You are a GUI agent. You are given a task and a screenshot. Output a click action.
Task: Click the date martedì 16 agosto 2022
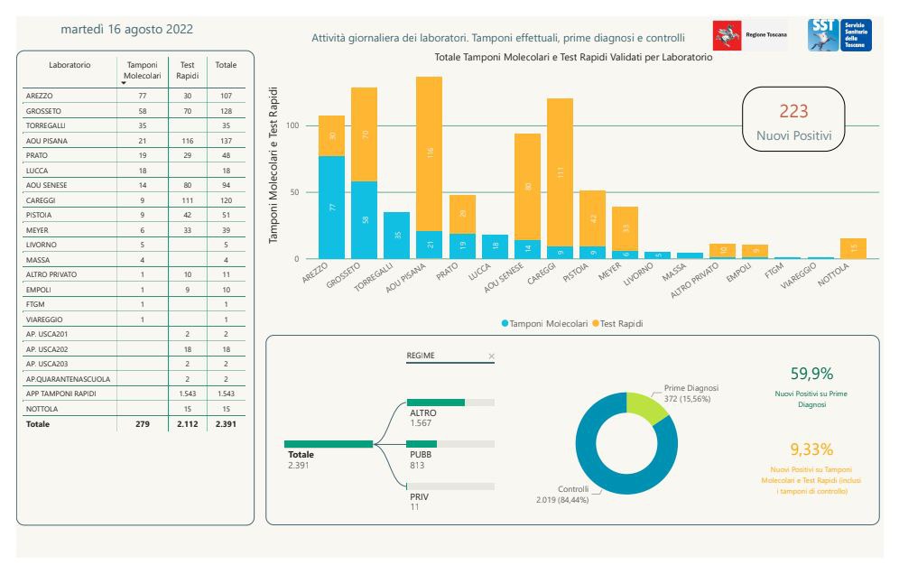point(126,29)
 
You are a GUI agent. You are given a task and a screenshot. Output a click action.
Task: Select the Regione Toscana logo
point(749,34)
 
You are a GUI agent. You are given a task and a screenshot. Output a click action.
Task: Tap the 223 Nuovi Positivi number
point(793,111)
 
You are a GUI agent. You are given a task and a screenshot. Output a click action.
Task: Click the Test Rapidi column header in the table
point(187,70)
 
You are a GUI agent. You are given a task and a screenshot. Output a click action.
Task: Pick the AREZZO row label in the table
point(40,95)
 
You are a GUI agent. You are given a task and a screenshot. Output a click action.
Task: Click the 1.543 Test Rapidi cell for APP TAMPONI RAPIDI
point(187,394)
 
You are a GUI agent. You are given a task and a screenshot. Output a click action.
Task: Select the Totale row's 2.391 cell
point(226,423)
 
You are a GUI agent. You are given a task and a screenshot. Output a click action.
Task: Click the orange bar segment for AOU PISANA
point(429,153)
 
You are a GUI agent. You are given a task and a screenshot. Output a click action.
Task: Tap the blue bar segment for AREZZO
point(331,207)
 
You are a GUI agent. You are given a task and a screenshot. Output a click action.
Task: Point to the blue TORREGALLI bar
point(396,236)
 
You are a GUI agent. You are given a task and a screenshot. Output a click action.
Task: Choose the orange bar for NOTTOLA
point(853,248)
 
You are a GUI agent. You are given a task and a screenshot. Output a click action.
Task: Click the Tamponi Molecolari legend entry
point(544,322)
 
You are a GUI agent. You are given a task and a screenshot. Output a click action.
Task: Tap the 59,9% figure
point(811,374)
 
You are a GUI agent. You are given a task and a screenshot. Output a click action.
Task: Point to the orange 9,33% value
point(811,449)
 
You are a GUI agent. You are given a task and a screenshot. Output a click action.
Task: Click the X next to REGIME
point(491,356)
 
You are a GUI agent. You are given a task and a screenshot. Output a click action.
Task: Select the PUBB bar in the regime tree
point(422,443)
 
